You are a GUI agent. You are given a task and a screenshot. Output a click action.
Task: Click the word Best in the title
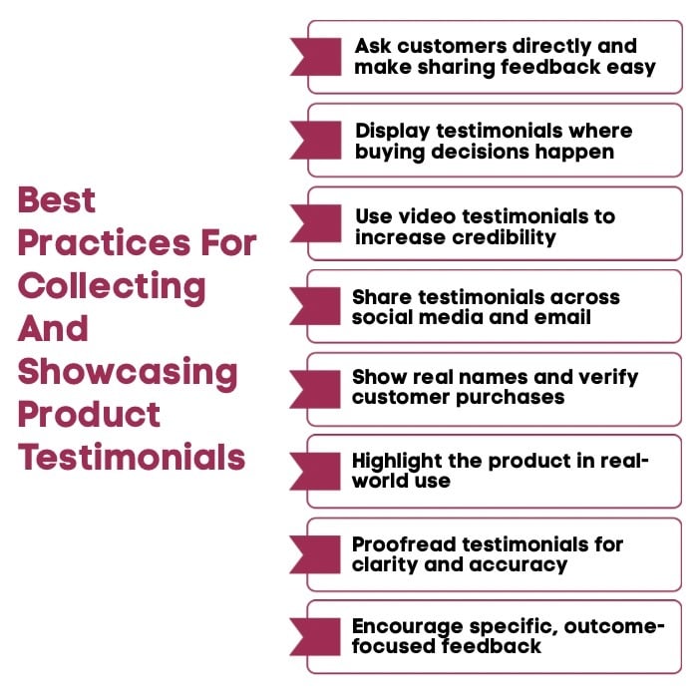coord(57,200)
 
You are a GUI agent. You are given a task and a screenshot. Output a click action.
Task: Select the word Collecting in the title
coord(112,286)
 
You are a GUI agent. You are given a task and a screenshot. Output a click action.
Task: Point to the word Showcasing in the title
coord(128,372)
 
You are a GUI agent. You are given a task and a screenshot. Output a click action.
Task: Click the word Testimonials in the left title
coord(132,458)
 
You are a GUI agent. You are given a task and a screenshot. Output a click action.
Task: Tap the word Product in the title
coord(89,415)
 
